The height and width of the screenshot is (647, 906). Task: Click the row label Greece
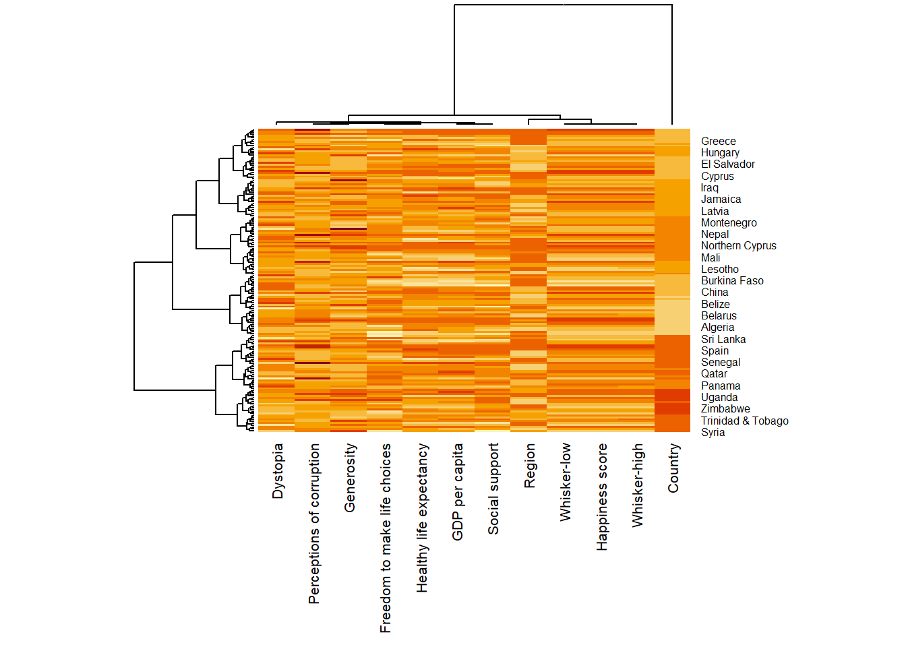click(718, 142)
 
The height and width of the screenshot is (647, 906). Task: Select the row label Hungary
click(720, 153)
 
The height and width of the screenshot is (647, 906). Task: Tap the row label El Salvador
click(727, 164)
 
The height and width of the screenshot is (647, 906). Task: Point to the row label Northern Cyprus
click(738, 246)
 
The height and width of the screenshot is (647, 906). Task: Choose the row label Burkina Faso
click(732, 281)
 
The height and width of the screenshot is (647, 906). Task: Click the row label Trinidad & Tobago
click(744, 421)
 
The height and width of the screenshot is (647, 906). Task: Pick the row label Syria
click(713, 433)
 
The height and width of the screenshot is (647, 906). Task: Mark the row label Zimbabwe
click(725, 409)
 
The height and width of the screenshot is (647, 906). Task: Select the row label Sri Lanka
click(723, 340)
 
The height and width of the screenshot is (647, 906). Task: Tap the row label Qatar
click(714, 374)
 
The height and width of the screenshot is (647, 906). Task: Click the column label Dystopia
click(278, 471)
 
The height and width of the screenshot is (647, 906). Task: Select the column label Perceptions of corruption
click(314, 524)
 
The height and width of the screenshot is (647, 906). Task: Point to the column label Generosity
click(350, 478)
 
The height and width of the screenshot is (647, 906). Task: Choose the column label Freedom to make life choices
click(386, 538)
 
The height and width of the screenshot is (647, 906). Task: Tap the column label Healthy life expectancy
click(422, 518)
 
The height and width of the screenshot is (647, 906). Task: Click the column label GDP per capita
click(458, 492)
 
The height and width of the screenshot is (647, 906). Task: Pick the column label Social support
click(493, 489)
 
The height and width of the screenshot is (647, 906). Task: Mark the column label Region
click(530, 466)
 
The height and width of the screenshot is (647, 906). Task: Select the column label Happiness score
click(602, 497)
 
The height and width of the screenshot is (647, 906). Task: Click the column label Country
click(673, 468)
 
